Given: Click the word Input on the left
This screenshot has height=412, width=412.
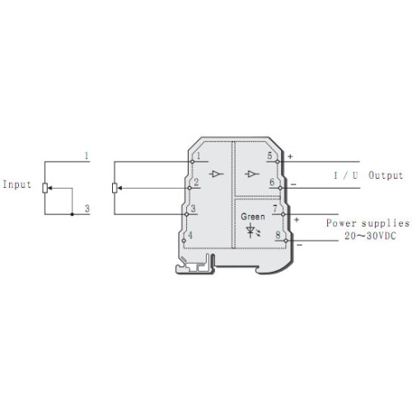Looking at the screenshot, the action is click(x=17, y=185).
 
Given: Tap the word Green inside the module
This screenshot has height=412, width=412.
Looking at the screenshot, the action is click(x=253, y=217).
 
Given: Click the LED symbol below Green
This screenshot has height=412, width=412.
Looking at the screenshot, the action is click(x=252, y=230).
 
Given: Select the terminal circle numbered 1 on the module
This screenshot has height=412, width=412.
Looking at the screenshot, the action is click(x=192, y=162).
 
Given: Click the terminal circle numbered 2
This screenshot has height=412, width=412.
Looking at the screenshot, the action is click(x=190, y=188).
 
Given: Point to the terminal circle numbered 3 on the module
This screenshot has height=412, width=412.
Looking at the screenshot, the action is click(x=186, y=214).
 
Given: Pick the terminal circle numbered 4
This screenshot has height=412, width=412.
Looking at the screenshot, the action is click(x=184, y=241).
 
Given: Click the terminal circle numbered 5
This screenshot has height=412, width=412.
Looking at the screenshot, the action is click(x=277, y=162).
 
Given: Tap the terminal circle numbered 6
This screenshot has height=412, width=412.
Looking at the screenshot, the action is click(x=280, y=188).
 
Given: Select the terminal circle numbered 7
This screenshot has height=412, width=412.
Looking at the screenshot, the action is click(x=283, y=214).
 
